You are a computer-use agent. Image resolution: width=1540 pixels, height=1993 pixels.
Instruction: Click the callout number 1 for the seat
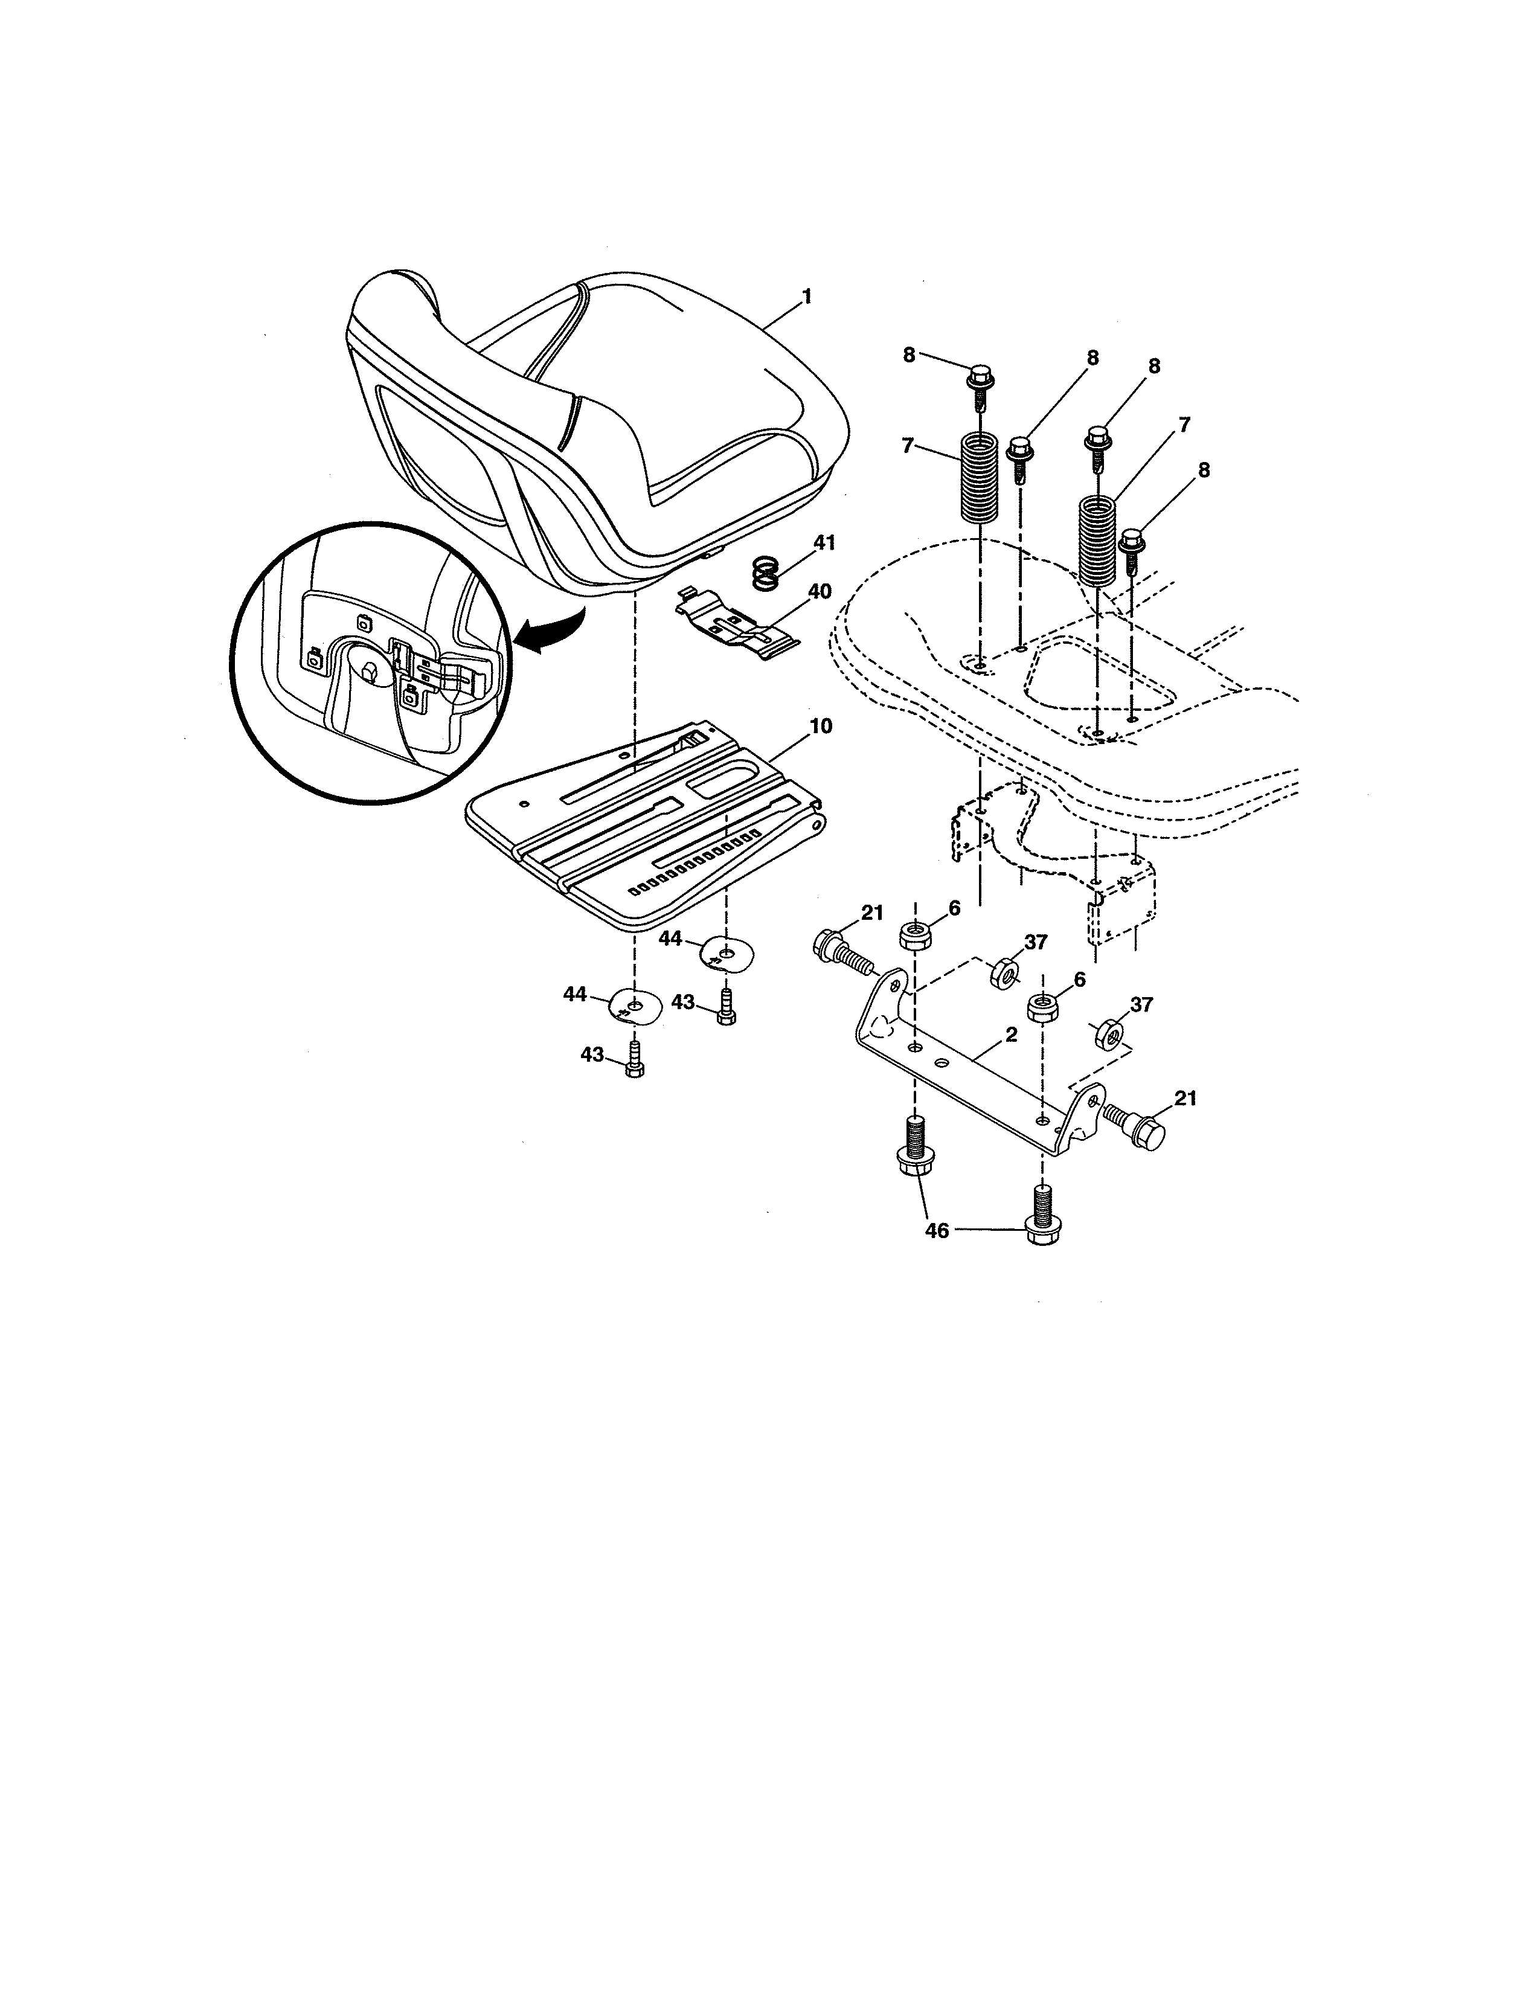point(806,297)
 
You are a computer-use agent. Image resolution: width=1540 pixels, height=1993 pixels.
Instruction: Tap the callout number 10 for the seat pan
point(820,727)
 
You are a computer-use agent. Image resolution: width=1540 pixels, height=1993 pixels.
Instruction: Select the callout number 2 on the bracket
point(1012,1035)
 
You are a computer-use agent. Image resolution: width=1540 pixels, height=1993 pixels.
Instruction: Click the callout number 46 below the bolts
point(937,1230)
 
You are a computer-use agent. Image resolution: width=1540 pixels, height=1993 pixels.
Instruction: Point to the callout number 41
point(824,543)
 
